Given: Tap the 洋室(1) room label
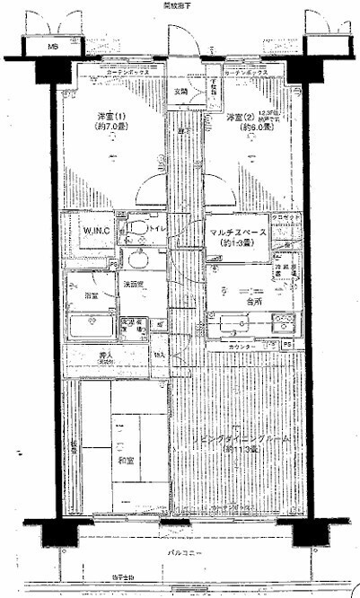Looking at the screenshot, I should [x=112, y=118].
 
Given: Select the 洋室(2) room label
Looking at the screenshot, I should [x=241, y=118].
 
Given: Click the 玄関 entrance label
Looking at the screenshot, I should [x=181, y=91].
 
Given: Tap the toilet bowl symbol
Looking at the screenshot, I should [x=136, y=232].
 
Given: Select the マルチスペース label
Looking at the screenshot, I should [x=238, y=233].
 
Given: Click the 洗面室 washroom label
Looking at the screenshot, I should [x=134, y=286].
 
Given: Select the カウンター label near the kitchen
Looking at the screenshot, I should [x=242, y=346].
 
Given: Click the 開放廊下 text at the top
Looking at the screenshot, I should [x=179, y=5].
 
